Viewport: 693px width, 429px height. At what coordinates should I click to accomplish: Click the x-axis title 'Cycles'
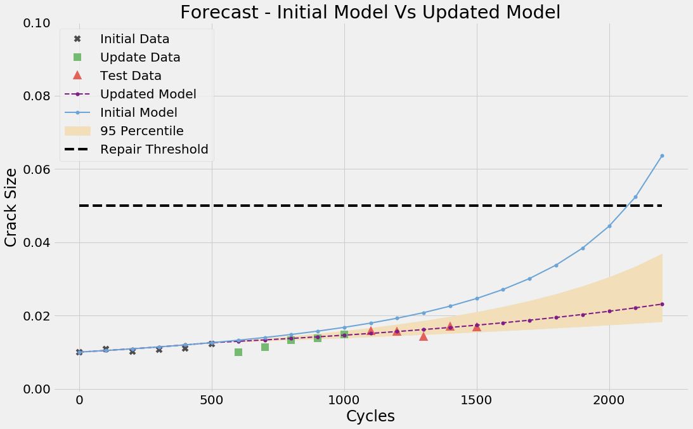pos(370,416)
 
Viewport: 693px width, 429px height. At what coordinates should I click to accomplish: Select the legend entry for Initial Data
pos(134,39)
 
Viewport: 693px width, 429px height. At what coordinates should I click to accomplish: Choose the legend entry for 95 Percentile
pos(142,131)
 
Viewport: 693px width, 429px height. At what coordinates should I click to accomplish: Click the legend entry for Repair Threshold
pos(154,150)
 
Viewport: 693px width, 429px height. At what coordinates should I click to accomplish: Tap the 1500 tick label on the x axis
pos(476,401)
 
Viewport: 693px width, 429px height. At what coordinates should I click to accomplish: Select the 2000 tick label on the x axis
pos(609,401)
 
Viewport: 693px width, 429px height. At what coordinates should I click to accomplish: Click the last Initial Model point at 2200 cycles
pos(662,155)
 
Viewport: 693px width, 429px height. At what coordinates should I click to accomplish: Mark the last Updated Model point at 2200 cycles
pos(662,304)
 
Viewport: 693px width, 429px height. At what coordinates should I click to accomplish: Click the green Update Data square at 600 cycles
pos(238,352)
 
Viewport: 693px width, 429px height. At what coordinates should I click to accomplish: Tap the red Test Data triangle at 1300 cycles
pos(424,336)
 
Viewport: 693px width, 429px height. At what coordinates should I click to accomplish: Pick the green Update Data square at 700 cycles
pos(265,347)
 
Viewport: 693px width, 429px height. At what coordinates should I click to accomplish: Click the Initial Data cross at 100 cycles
pos(106,349)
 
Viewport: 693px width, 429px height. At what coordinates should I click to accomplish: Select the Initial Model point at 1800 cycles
pos(556,265)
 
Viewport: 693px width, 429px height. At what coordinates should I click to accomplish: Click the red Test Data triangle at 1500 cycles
pos(477,326)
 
